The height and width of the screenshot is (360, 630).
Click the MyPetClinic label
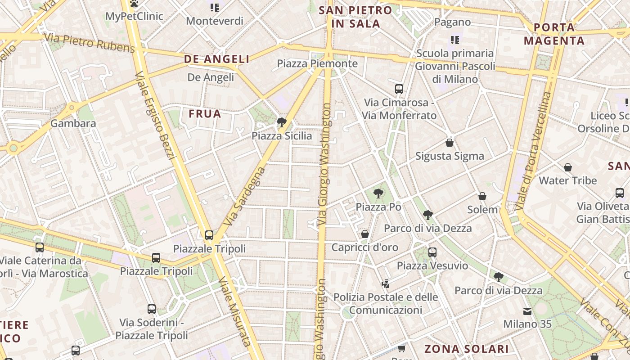pos(134,17)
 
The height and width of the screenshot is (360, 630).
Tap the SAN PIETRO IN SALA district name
pos(355,17)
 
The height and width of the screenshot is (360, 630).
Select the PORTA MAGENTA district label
pos(554,34)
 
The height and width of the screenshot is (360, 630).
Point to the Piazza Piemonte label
pos(317,63)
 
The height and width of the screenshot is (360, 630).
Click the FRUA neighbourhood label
pos(205,114)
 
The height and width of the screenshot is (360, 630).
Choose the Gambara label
pos(73,123)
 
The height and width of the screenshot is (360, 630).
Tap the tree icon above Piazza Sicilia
pos(282,122)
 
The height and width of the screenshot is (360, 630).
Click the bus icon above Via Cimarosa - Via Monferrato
pos(399,89)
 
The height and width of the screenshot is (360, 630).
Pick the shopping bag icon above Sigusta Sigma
pos(449,143)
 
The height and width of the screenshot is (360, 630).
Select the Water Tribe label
pos(568,180)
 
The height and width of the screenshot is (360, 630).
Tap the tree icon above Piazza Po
pos(378,193)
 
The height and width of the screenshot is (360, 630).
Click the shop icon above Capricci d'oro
pos(365,234)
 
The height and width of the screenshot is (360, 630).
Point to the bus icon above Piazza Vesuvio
pos(432,252)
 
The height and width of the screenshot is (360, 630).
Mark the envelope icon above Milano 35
pos(527,311)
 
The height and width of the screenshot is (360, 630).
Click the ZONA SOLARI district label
pos(467,349)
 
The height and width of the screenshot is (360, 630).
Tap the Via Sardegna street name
pos(243,196)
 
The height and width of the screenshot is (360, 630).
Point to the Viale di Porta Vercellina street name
pos(533,151)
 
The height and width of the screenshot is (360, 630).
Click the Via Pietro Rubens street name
pos(90,42)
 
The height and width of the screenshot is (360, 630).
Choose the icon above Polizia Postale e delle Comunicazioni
pos(385,283)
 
